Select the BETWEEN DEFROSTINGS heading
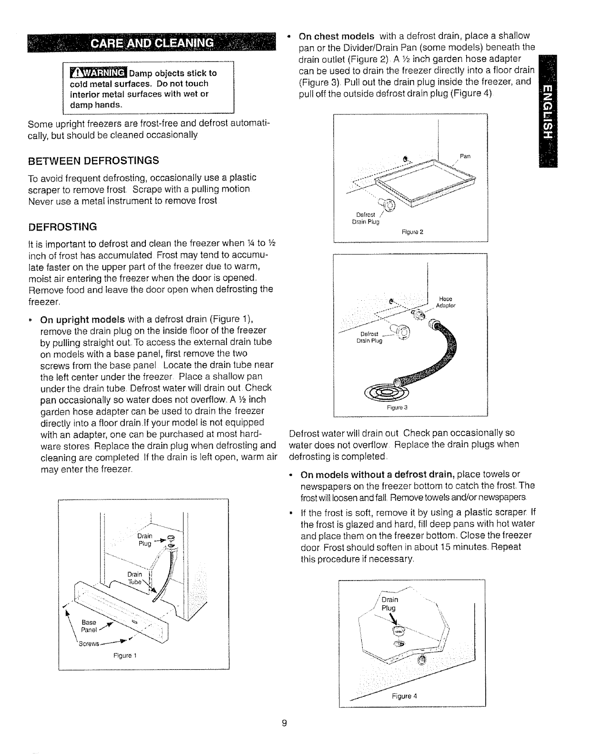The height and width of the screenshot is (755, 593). pyautogui.click(x=93, y=160)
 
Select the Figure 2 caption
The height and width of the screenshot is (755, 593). pyautogui.click(x=412, y=233)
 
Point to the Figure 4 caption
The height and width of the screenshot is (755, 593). pyautogui.click(x=404, y=695)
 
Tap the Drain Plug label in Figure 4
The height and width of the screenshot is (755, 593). pyautogui.click(x=389, y=603)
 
